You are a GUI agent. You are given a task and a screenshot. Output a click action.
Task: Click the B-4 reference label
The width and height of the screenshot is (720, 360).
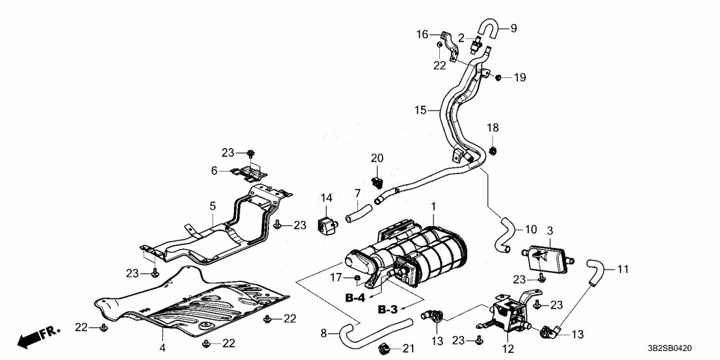(x=355, y=298)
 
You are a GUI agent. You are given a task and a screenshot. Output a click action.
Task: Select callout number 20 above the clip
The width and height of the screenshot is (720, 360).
(x=377, y=158)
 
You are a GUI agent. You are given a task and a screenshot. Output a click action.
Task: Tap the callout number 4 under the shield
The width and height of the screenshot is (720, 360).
(x=162, y=348)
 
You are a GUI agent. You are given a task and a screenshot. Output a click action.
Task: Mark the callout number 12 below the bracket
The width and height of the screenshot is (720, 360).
(x=508, y=349)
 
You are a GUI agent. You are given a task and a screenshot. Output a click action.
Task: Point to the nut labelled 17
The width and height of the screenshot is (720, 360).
(x=358, y=280)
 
